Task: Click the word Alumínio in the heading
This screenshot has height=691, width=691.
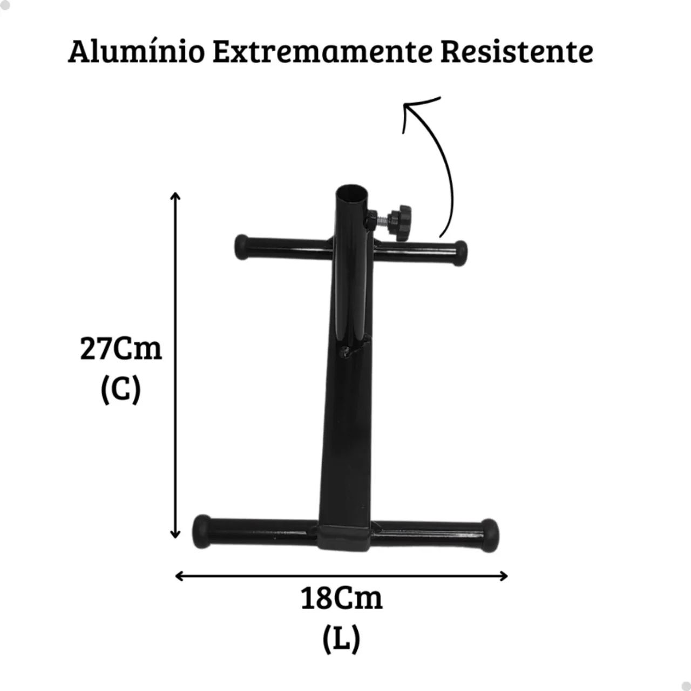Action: [137, 52]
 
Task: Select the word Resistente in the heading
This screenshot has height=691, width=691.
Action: [517, 52]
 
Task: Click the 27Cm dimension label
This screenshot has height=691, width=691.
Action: [121, 349]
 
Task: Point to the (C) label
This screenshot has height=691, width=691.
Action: [121, 390]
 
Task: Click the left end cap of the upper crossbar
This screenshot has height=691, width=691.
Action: [241, 247]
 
